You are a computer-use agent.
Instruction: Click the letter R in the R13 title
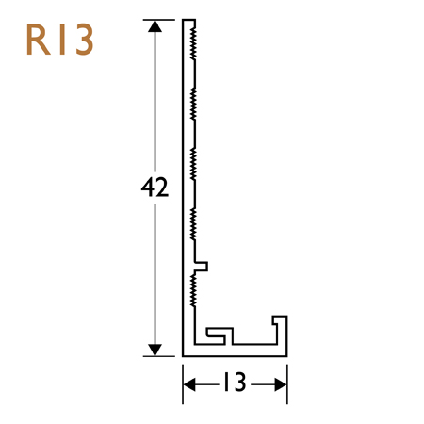pos(39,41)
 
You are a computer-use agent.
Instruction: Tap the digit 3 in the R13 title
pos(81,41)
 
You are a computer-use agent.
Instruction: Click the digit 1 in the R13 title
pos(59,41)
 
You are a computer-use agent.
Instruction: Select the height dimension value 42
pos(154,188)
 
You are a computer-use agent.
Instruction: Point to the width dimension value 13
pos(235,383)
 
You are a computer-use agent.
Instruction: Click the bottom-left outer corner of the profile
pos(183,354)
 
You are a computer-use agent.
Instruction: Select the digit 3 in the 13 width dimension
pos(241,383)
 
